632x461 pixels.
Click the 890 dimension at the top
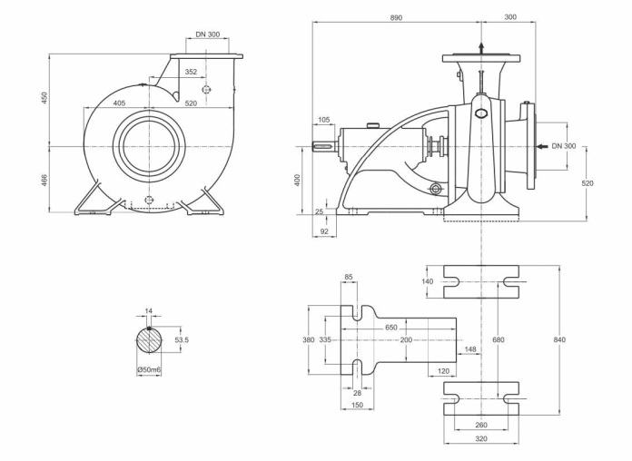tap(396, 18)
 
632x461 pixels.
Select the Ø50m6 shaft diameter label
tap(149, 369)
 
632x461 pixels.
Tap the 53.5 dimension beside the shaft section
tap(182, 340)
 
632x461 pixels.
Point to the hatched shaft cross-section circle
tap(149, 340)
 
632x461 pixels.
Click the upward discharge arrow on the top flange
tap(481, 47)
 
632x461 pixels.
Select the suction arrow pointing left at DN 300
tap(543, 146)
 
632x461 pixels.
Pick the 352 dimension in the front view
tap(191, 72)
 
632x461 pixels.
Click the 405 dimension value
tap(119, 103)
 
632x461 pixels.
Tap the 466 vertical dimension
tap(44, 181)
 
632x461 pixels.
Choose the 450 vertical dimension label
tap(44, 98)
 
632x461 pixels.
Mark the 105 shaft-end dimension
tap(323, 120)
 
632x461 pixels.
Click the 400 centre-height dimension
tap(298, 181)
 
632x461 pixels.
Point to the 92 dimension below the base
tap(324, 231)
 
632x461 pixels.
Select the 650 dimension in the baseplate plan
tap(391, 328)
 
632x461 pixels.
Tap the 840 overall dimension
tap(560, 339)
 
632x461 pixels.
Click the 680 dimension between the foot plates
tap(499, 339)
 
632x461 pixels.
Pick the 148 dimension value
tap(470, 349)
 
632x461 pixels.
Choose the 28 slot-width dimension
tap(357, 393)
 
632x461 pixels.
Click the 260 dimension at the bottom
tap(481, 425)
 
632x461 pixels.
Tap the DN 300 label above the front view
tap(208, 34)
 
